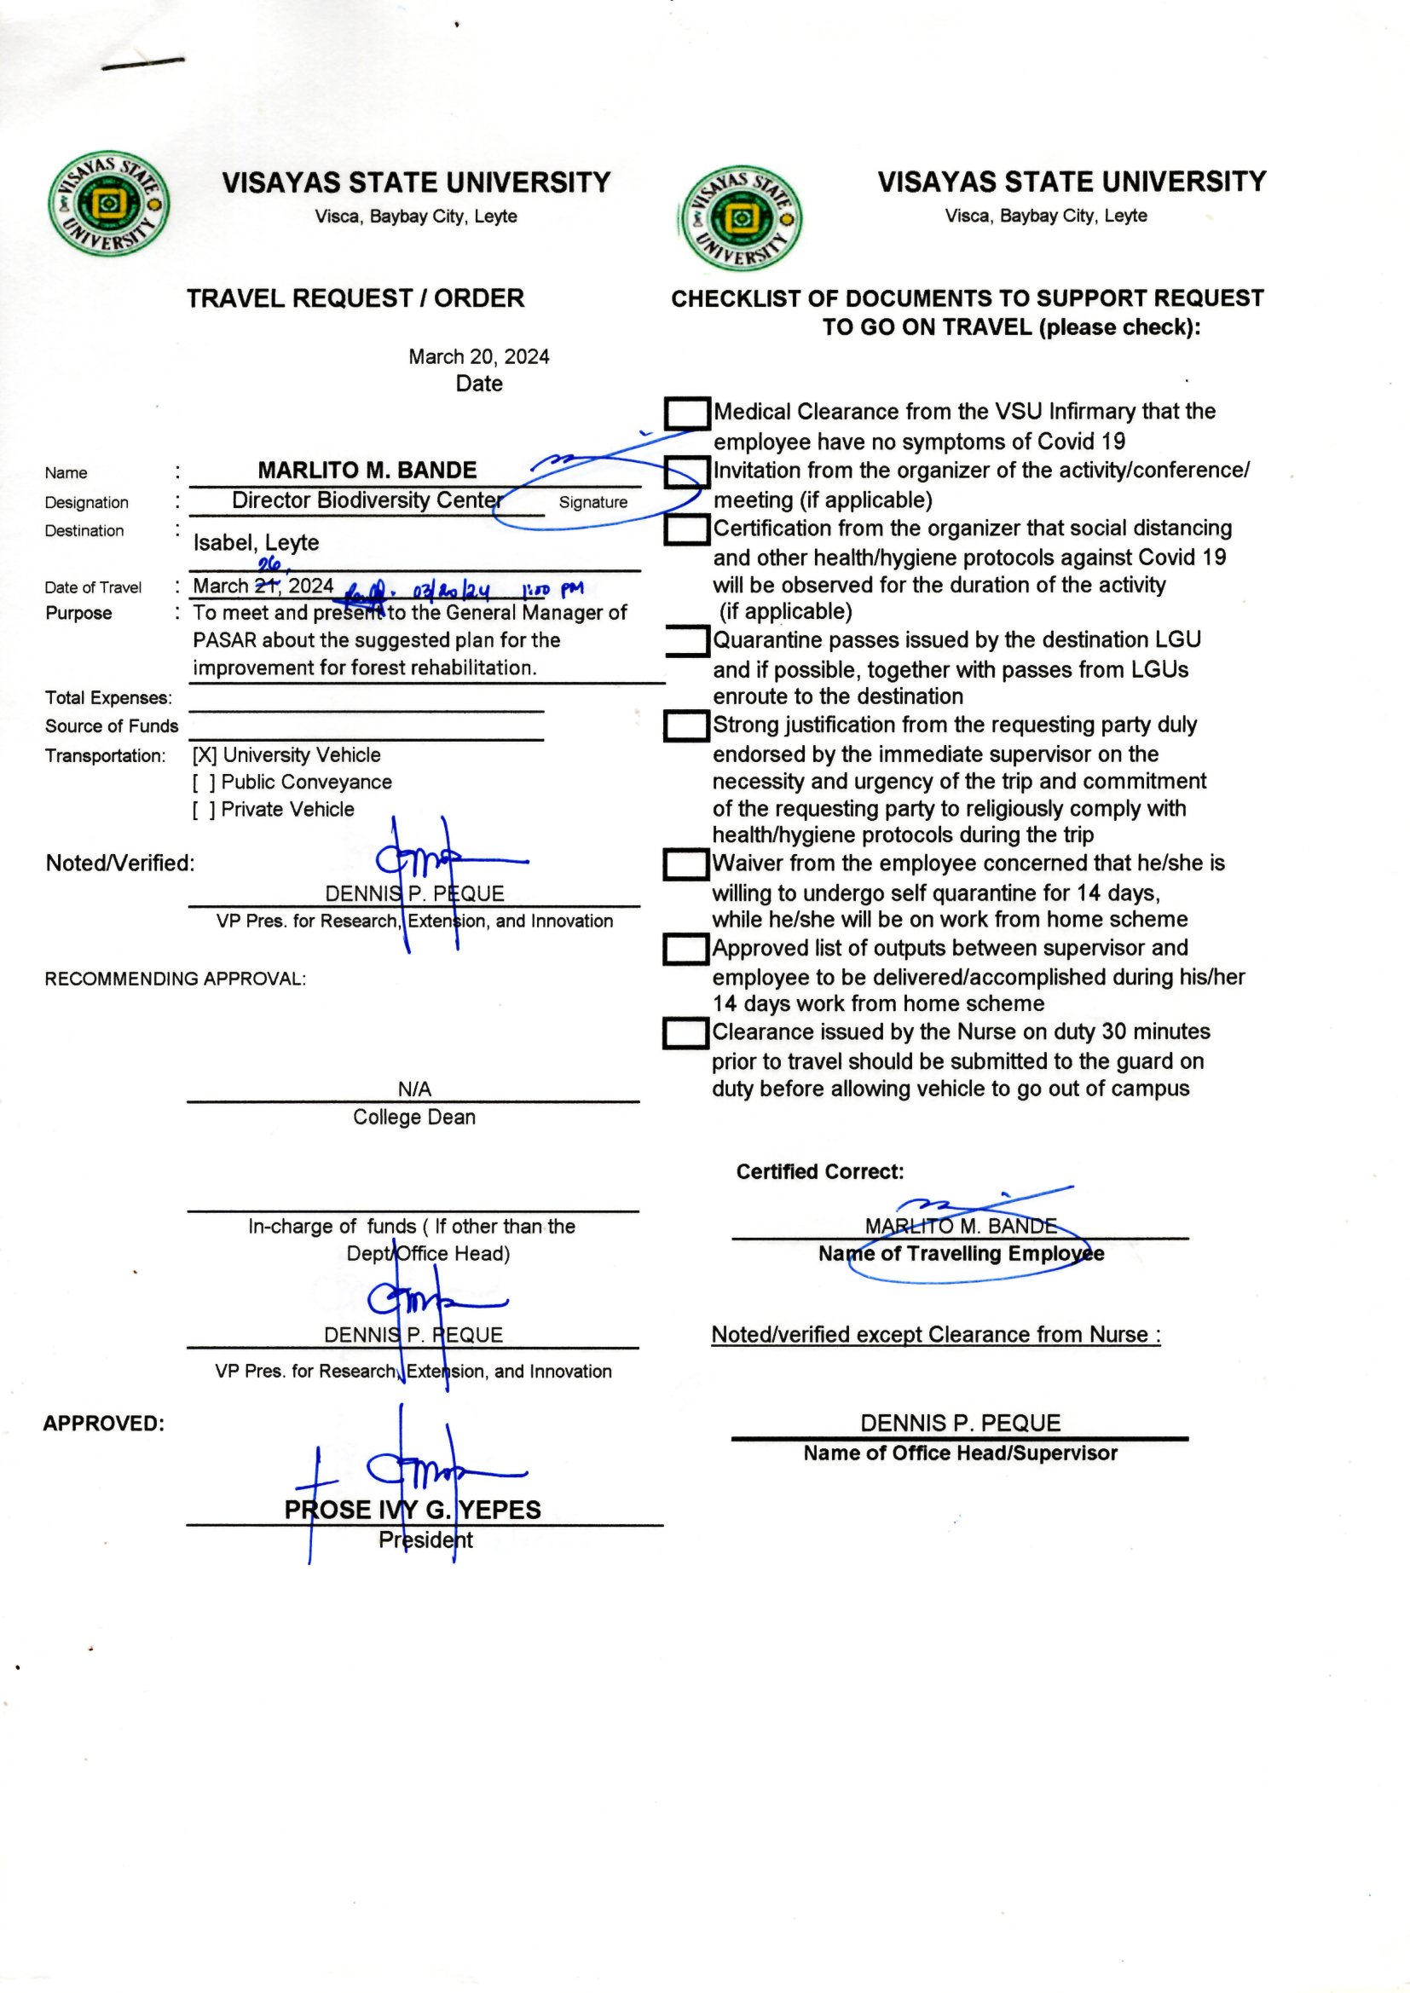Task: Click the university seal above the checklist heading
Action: pyautogui.click(x=741, y=219)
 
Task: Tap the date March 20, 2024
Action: pyautogui.click(x=478, y=357)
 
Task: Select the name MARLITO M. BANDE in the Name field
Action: pyautogui.click(x=367, y=471)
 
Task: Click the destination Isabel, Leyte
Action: pyautogui.click(x=256, y=542)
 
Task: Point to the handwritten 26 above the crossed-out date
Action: pyautogui.click(x=269, y=564)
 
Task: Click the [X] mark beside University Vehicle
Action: pyautogui.click(x=205, y=755)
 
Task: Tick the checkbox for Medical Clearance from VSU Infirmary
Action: pyautogui.click(x=687, y=413)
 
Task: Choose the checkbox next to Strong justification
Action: pyautogui.click(x=687, y=725)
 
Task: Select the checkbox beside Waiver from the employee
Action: pyautogui.click(x=687, y=864)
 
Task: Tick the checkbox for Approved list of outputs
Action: pyautogui.click(x=687, y=949)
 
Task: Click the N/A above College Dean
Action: pyautogui.click(x=414, y=1089)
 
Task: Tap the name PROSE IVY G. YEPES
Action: pyautogui.click(x=413, y=1510)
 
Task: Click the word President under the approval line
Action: pyautogui.click(x=425, y=1540)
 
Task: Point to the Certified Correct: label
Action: pyautogui.click(x=819, y=1172)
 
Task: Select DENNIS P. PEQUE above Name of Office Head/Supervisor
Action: pyautogui.click(x=960, y=1423)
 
